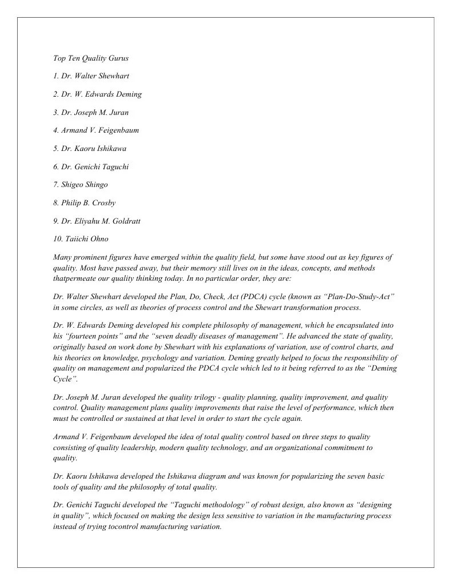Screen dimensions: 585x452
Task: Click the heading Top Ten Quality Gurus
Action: [90, 58]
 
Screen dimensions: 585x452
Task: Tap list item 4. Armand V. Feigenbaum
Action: [95, 130]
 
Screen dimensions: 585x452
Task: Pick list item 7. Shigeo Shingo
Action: [80, 185]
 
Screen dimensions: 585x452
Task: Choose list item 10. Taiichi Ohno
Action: [81, 239]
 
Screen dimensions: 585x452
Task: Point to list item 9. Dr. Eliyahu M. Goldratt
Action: [97, 221]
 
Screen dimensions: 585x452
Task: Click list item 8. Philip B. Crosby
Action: [84, 203]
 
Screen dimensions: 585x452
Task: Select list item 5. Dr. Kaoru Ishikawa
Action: [89, 149]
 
